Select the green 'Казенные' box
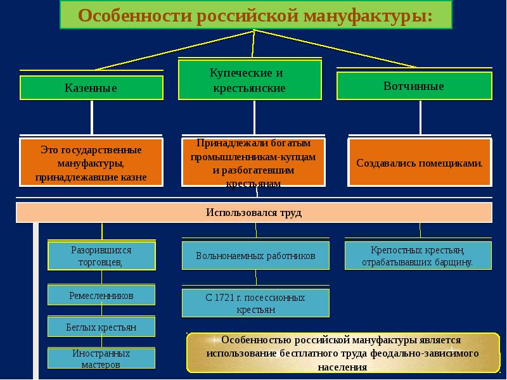click(x=91, y=87)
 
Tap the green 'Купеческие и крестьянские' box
click(x=250, y=80)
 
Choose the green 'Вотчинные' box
click(x=414, y=86)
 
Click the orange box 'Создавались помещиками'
click(x=420, y=163)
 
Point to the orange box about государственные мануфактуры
click(x=91, y=163)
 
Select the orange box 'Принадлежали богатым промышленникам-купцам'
click(x=253, y=163)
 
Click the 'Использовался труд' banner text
click(x=254, y=213)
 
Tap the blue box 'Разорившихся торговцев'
click(x=101, y=256)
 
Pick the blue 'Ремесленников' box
click(x=101, y=295)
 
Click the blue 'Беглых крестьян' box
click(x=101, y=327)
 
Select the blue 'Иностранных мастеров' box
click(x=101, y=358)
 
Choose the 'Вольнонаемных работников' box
click(x=255, y=256)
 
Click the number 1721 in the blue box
click(x=224, y=297)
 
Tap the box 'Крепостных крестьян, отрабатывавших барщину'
click(x=418, y=256)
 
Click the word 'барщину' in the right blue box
click(x=454, y=262)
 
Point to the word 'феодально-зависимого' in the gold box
click(x=424, y=353)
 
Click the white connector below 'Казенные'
click(x=92, y=117)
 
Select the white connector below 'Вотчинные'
click(x=420, y=117)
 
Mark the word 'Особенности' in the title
click(x=135, y=15)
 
